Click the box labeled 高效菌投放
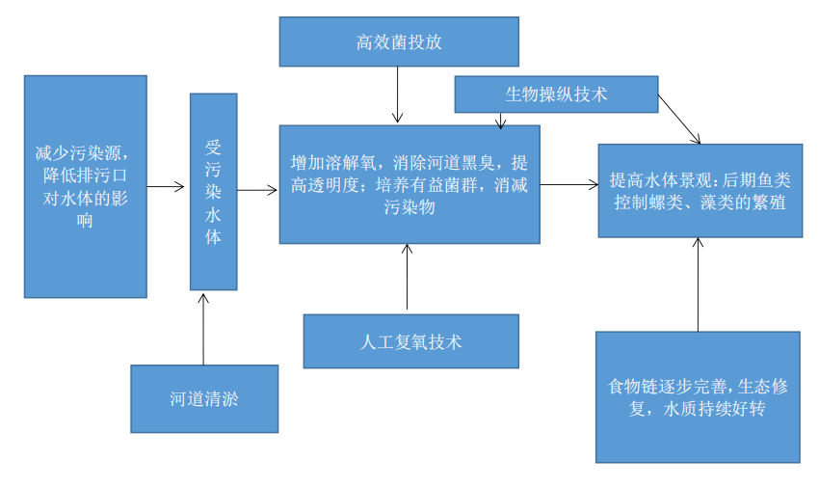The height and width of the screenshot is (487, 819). [x=399, y=42]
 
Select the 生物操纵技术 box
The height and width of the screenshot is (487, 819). [x=556, y=95]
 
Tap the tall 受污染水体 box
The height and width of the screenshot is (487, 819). [x=213, y=191]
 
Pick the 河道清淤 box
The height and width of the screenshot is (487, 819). [x=204, y=398]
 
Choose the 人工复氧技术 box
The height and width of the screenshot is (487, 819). [x=410, y=341]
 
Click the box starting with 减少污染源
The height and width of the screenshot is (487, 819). [x=86, y=186]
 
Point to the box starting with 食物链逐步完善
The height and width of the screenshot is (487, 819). [x=698, y=397]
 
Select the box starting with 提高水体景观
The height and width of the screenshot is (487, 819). [x=700, y=191]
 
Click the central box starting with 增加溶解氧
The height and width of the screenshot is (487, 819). [x=409, y=184]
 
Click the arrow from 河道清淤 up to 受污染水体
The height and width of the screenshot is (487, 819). [x=204, y=328]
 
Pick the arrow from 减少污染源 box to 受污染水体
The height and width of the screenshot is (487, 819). [x=167, y=187]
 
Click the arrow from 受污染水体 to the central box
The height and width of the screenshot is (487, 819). [x=257, y=190]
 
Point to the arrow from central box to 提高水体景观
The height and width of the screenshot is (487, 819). [x=568, y=184]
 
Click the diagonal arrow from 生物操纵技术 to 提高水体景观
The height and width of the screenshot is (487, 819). [x=679, y=119]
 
